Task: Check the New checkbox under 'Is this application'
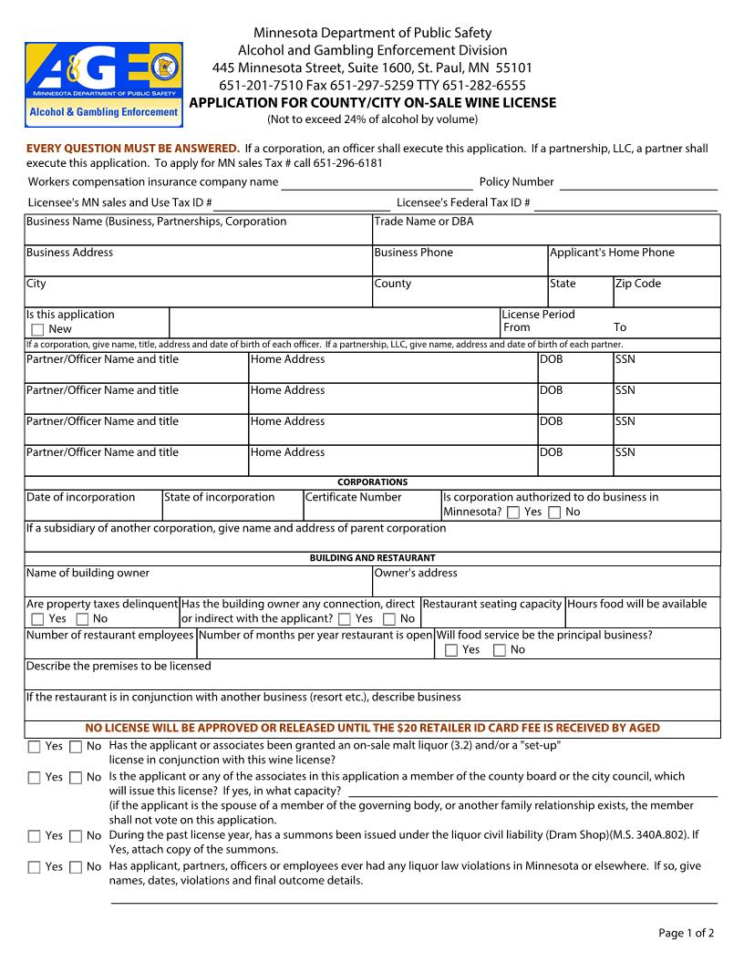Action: pyautogui.click(x=37, y=329)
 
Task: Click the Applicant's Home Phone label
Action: pyautogui.click(x=612, y=253)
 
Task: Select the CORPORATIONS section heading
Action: pyautogui.click(x=372, y=482)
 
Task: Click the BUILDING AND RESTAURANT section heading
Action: pyautogui.click(x=372, y=558)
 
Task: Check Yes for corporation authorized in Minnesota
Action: pyautogui.click(x=513, y=513)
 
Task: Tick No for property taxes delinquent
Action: pyautogui.click(x=82, y=619)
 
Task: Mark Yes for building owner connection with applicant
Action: pyautogui.click(x=344, y=619)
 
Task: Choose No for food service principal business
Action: pyautogui.click(x=499, y=650)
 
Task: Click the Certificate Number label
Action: pyautogui.click(x=353, y=497)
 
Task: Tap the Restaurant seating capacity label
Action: pyautogui.click(x=491, y=604)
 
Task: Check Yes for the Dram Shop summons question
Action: pyautogui.click(x=35, y=836)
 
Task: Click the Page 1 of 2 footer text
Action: pyautogui.click(x=686, y=933)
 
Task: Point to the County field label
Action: pyautogui.click(x=393, y=284)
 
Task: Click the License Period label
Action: pyautogui.click(x=539, y=315)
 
